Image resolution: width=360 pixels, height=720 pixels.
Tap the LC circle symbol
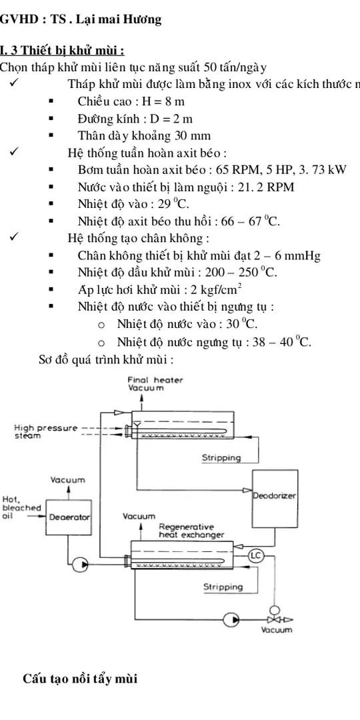pyautogui.click(x=256, y=555)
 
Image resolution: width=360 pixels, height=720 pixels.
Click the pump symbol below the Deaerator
pyautogui.click(x=81, y=565)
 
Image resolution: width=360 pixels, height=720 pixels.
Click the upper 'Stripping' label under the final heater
pyautogui.click(x=221, y=458)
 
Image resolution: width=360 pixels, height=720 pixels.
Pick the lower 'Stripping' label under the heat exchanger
pyautogui.click(x=223, y=587)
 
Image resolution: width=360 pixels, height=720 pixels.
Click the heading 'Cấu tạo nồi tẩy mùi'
pyautogui.click(x=79, y=679)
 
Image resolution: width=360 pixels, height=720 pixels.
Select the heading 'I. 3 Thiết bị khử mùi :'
pyautogui.click(x=63, y=51)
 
